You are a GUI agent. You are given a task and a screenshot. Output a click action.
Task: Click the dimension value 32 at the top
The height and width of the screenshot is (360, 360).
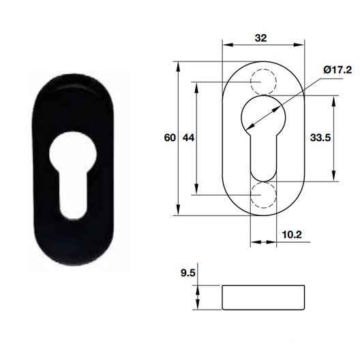tap(260, 39)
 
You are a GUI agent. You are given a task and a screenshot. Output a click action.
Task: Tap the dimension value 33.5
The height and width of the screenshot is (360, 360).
tap(320, 138)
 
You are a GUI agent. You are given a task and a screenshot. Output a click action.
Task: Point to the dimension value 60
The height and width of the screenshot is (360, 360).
tap(169, 138)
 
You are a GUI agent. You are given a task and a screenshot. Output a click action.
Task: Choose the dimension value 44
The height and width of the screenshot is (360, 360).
tap(189, 138)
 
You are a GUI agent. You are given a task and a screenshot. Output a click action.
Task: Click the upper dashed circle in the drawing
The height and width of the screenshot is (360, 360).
tap(264, 82)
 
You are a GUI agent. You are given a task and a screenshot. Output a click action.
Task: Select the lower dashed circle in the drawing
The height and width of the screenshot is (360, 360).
tap(264, 194)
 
